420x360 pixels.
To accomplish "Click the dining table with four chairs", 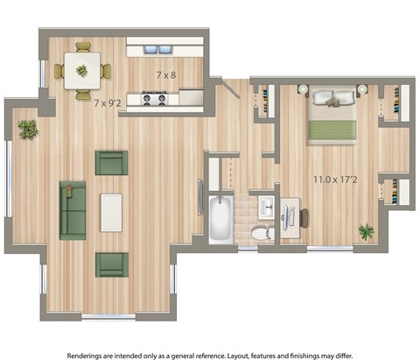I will click(x=81, y=70).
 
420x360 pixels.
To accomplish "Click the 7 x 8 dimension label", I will click(x=165, y=74).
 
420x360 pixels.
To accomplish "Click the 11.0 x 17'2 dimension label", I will click(x=336, y=180).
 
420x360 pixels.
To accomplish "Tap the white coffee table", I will click(x=111, y=212).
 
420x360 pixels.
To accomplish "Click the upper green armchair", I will click(x=111, y=162).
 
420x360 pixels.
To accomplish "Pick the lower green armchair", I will click(x=111, y=264).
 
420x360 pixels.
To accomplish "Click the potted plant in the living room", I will click(x=28, y=129).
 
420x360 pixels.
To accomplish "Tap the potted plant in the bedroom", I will click(x=366, y=232).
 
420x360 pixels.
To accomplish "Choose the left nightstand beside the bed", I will click(x=302, y=88).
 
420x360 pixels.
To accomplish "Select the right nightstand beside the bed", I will click(x=361, y=88).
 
